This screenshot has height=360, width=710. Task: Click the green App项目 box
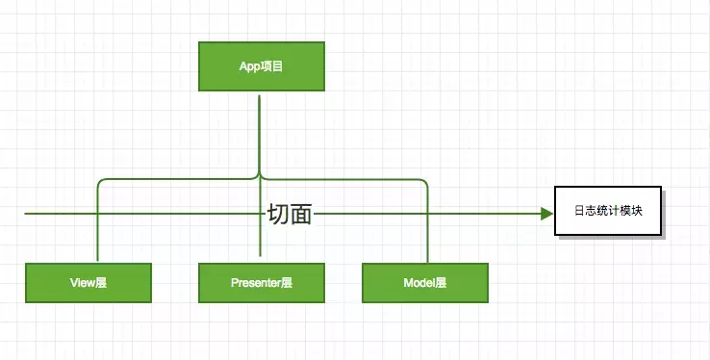click(261, 68)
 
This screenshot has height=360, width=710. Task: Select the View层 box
click(89, 283)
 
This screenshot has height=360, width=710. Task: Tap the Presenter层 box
click(261, 283)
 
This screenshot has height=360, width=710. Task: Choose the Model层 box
click(424, 283)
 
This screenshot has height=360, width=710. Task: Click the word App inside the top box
click(249, 68)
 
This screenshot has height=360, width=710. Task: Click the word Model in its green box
click(418, 283)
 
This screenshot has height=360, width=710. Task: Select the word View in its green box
click(82, 283)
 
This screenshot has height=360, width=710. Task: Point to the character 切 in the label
click(278, 215)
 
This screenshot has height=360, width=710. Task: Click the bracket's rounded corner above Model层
click(422, 182)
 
